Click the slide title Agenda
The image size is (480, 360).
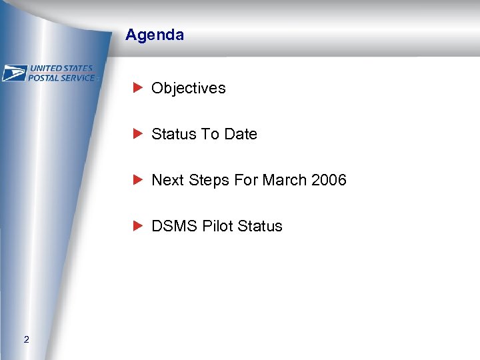coord(154,35)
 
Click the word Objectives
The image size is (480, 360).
coord(188,88)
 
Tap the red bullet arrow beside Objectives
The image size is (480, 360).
coord(137,87)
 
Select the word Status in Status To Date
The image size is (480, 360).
coord(173,134)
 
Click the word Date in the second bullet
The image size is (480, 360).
coord(241,134)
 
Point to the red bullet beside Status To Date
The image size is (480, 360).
coord(137,133)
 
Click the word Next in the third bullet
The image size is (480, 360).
coord(167,180)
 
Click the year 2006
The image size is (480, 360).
coord(329,180)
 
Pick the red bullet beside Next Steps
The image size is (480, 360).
coord(137,179)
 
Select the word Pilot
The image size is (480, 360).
coord(215,226)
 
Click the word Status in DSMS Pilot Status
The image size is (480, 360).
coord(260,226)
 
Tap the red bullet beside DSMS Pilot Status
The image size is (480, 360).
coord(137,225)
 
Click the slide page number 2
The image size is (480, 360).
coord(26,340)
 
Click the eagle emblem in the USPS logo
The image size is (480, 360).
coord(14,73)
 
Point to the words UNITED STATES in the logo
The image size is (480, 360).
coord(61,69)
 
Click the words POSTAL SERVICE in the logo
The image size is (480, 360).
coord(61,77)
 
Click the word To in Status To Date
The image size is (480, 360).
coord(211,134)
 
